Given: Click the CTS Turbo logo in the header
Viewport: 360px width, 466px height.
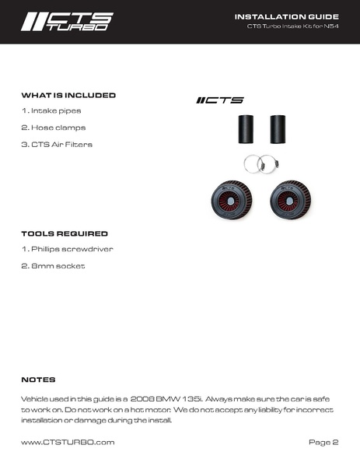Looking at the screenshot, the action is click(67, 21).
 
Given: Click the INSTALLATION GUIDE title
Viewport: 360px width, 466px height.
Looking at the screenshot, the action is click(286, 16).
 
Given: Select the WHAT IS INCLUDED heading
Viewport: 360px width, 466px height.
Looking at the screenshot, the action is click(68, 95).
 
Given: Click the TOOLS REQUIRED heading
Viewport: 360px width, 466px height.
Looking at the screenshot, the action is click(64, 233).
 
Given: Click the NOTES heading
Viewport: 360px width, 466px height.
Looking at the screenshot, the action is click(38, 380).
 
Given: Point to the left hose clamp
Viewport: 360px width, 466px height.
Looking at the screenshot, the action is click(251, 163).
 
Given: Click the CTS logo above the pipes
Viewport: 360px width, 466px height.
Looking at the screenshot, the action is click(220, 100).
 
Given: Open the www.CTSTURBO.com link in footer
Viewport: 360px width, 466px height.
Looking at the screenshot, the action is click(68, 442).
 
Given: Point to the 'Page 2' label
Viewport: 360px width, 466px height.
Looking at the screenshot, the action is click(323, 442).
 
